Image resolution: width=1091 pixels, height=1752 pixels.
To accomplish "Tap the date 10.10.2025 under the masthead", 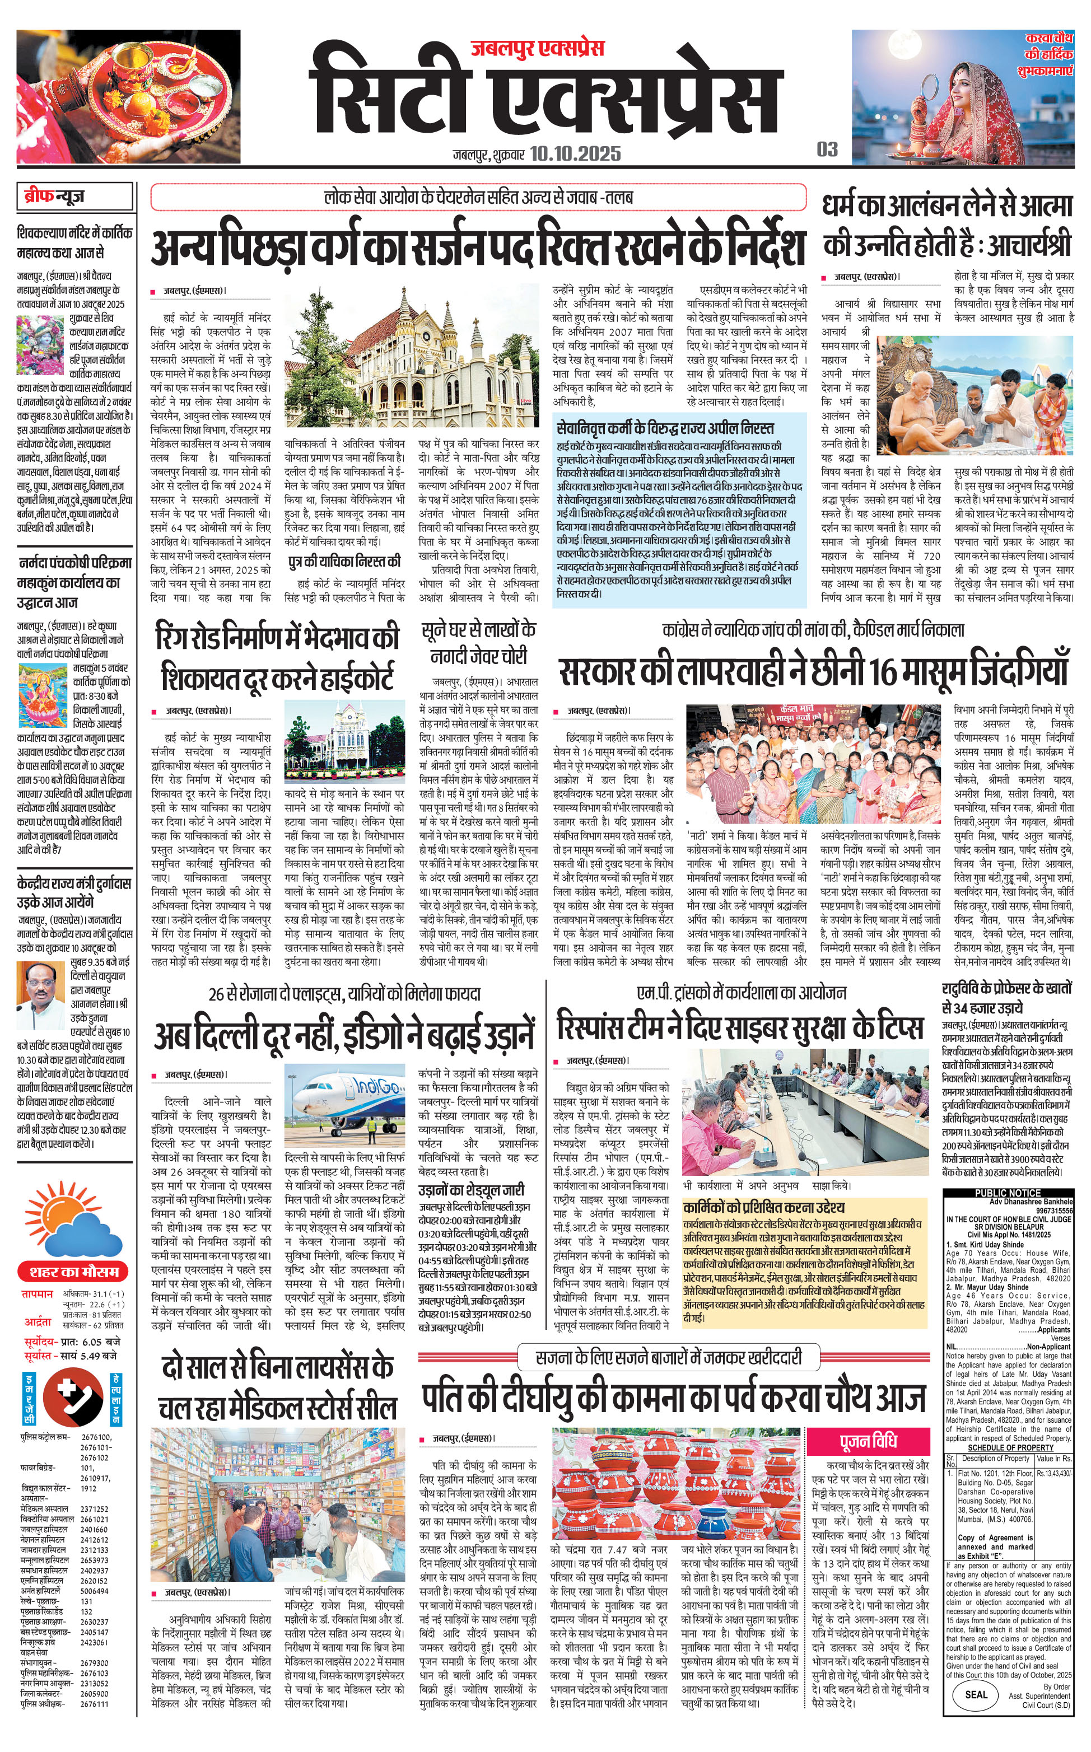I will [x=575, y=153].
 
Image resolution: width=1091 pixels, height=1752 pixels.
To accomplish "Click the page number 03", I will [x=827, y=149].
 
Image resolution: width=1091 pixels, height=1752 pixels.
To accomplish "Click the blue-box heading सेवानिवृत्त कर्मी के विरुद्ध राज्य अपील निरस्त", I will [x=665, y=428].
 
